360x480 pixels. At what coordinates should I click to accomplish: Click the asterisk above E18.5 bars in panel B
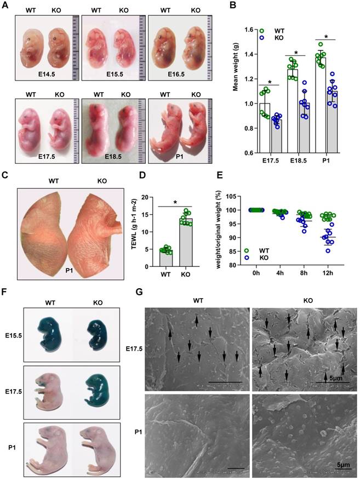click(x=296, y=53)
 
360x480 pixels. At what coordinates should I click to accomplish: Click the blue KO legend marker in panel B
click(x=263, y=37)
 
